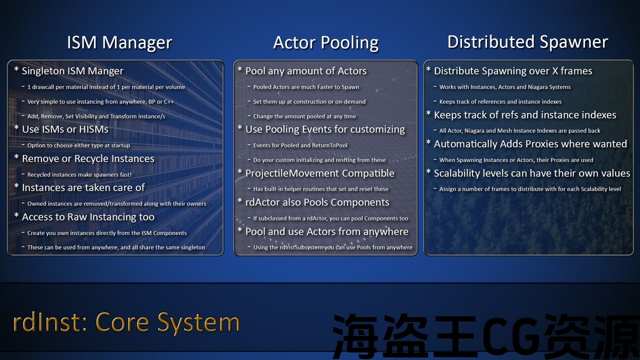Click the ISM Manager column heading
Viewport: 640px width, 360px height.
119,42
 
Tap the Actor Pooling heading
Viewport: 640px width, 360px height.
325,43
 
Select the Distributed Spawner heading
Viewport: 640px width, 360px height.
527,42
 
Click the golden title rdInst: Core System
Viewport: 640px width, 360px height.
126,323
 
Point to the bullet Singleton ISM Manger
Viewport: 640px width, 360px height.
72,71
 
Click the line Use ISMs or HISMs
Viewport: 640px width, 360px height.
65,129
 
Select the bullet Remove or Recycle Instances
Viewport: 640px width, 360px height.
88,158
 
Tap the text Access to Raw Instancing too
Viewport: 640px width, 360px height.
88,217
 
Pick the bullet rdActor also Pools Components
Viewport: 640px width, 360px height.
317,202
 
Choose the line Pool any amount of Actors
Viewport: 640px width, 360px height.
305,71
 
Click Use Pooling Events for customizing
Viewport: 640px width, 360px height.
325,129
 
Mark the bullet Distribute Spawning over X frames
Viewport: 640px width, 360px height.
513,71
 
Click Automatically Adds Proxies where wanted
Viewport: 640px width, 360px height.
530,143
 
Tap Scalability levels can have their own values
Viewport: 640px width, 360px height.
532,173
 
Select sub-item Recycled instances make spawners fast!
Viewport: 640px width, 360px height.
79,174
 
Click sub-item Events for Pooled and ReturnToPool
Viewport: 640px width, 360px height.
300,145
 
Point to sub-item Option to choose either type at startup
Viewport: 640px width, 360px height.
78,145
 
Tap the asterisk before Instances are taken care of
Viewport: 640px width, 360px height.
16,185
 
